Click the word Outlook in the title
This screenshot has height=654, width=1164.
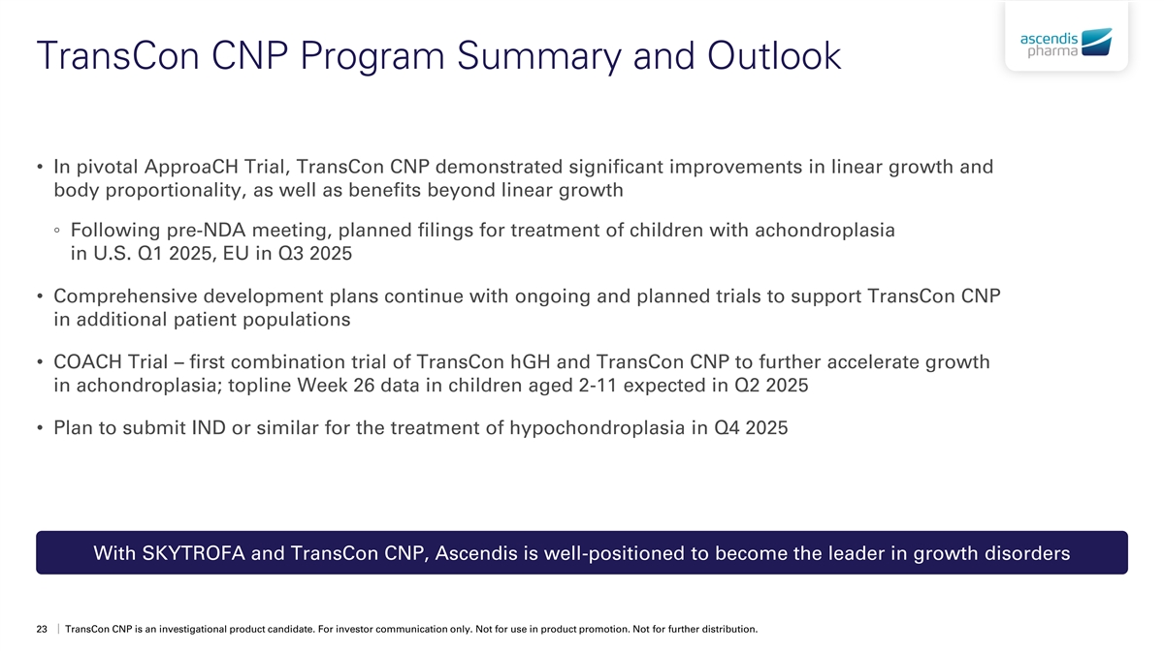(774, 55)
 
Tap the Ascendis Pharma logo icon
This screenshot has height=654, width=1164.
(1096, 42)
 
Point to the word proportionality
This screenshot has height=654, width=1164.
(173, 191)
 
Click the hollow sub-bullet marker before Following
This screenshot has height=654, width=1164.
(57, 230)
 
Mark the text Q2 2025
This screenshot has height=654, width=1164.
(771, 386)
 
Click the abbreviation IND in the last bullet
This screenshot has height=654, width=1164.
(209, 427)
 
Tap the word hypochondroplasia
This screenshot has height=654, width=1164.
(598, 428)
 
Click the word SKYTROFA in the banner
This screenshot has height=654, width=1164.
(193, 553)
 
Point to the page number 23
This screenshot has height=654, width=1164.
(42, 629)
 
